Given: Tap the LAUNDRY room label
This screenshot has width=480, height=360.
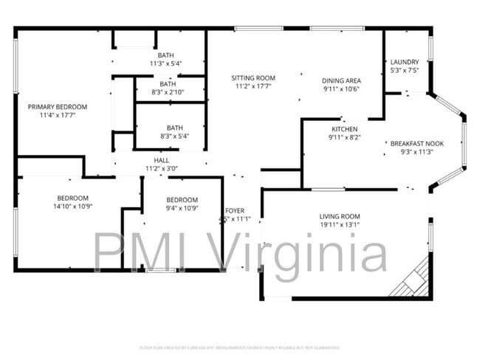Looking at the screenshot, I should [x=405, y=62].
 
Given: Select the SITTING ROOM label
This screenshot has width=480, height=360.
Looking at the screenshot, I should [x=253, y=77].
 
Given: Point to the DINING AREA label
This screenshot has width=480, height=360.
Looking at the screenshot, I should [x=341, y=80].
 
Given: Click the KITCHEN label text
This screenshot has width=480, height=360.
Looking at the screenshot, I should [x=344, y=128].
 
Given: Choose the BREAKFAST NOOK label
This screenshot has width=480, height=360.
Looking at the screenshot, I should [x=416, y=143].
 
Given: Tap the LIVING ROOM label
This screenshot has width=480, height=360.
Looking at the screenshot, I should [x=340, y=216].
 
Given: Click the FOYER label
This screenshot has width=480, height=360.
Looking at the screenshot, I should [x=235, y=210].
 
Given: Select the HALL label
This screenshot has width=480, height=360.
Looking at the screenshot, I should [x=161, y=160].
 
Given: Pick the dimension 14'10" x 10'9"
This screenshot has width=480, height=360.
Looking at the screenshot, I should [x=73, y=207].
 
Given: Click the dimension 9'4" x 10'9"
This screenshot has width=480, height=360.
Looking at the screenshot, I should [x=182, y=209].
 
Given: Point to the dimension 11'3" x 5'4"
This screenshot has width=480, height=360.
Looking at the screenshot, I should [x=165, y=63].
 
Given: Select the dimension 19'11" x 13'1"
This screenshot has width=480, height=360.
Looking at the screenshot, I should [x=340, y=225].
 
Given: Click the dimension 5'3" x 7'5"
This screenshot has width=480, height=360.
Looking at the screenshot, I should [x=405, y=71].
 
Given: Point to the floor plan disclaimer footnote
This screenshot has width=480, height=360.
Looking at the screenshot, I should [x=239, y=347].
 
